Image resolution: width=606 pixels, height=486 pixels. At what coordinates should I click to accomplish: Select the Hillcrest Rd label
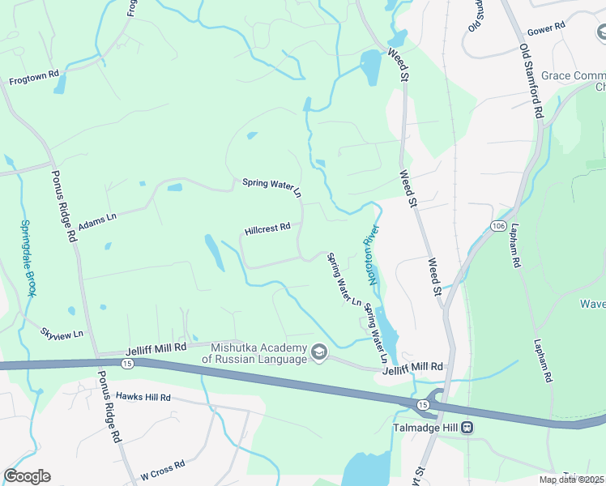tap(267, 229)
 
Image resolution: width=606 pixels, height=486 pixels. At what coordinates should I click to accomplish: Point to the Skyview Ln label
tap(62, 333)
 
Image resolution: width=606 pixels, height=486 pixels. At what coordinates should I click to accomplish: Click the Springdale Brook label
tap(28, 258)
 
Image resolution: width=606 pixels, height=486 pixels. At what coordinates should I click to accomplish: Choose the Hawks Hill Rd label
tap(143, 397)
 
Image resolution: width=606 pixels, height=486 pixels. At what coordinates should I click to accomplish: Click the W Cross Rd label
tap(162, 468)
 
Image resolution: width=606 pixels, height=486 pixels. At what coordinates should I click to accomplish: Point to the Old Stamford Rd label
tap(531, 81)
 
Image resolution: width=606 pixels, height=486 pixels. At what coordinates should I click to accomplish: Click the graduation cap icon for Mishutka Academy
tap(318, 352)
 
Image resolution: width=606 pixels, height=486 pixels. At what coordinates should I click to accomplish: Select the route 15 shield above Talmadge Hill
tap(423, 403)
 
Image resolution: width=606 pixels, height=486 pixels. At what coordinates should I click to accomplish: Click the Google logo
tap(27, 476)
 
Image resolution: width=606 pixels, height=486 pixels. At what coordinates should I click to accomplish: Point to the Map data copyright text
tap(571, 480)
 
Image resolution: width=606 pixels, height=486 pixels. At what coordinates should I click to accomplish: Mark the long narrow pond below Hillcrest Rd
tap(214, 253)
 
